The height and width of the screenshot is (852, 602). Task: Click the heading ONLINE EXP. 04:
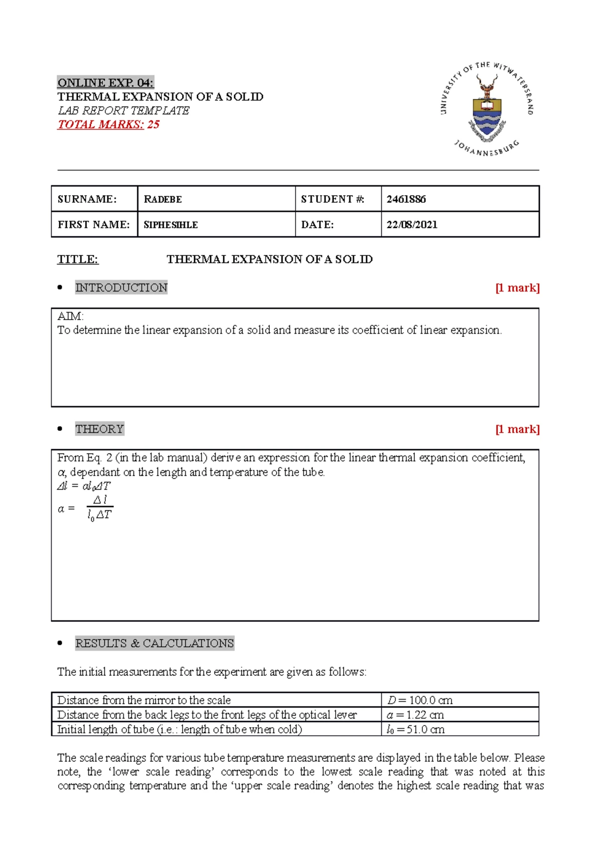[105, 83]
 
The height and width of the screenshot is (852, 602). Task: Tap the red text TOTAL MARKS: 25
[108, 124]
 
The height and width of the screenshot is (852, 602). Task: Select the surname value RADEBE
[163, 199]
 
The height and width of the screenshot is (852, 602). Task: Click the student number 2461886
[406, 199]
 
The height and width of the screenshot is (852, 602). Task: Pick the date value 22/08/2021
[412, 225]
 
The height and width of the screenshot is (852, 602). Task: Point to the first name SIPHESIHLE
[171, 225]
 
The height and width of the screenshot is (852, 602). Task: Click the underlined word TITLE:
[78, 259]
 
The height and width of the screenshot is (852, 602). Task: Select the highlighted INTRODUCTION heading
[121, 288]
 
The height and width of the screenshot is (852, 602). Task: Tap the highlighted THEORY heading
[99, 429]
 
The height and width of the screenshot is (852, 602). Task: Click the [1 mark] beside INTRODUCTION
[517, 288]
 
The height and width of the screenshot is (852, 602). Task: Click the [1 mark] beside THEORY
[517, 429]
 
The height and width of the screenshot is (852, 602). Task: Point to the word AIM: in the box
[70, 316]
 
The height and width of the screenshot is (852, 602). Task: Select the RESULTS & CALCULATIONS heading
[155, 643]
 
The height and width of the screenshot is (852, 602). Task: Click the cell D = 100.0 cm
[420, 700]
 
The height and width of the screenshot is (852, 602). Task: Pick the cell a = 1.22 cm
[415, 715]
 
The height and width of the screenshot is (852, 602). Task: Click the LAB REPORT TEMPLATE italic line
[123, 110]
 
